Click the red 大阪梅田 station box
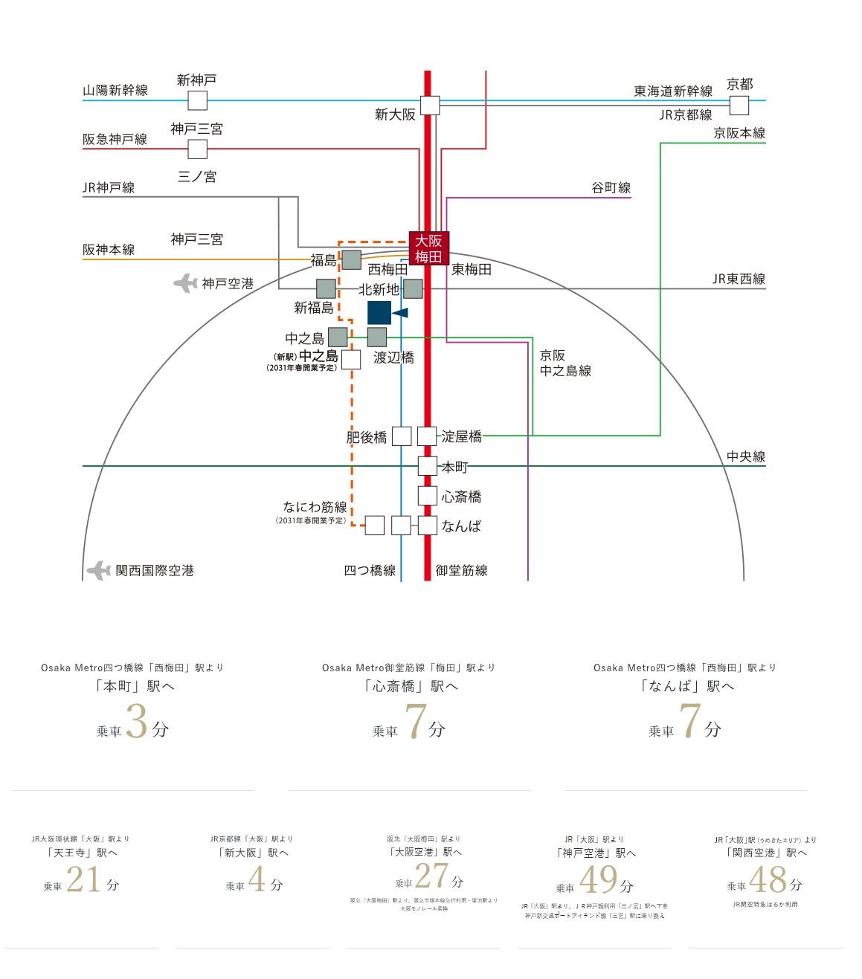point(428,248)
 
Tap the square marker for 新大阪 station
point(430,106)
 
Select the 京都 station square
point(739,106)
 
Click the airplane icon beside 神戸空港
point(185,283)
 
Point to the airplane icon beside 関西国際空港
point(99,570)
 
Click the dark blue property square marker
point(379,313)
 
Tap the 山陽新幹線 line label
point(115,90)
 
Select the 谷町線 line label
point(611,187)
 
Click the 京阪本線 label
point(739,133)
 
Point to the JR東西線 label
point(739,279)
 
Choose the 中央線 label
point(746,456)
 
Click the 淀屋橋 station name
point(462,436)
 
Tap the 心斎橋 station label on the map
point(462,497)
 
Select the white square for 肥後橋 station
point(402,436)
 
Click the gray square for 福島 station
point(351,259)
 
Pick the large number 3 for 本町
point(137,721)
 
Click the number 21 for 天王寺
point(83,879)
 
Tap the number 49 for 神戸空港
point(598,880)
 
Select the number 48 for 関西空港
point(768,880)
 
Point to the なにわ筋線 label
point(315,507)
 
